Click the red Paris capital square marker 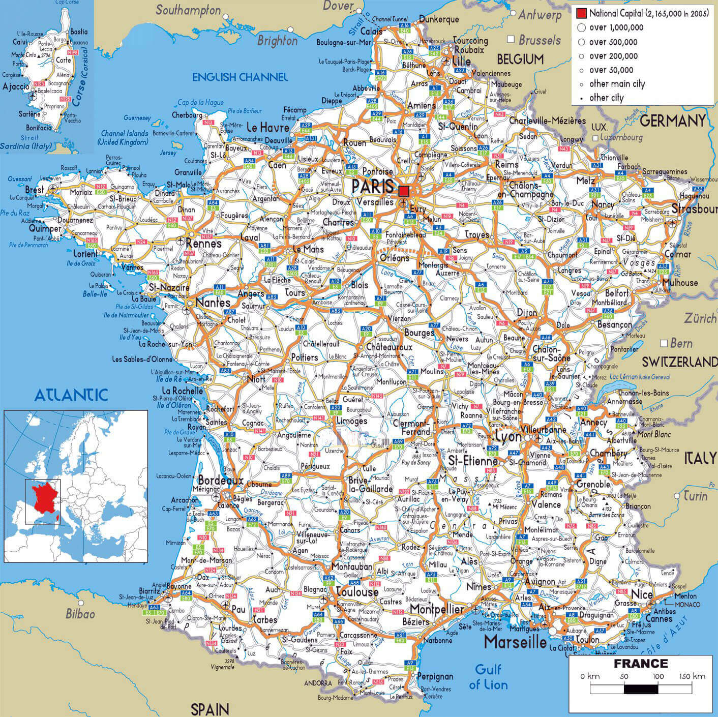click(404, 191)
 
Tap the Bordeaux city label click(220, 480)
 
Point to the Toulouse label click(357, 592)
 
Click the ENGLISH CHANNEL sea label click(240, 77)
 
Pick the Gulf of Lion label click(488, 677)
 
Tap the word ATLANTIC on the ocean click(71, 395)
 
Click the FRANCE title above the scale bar click(640, 664)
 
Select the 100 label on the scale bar click(658, 676)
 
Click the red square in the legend click(581, 13)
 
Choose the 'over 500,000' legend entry click(613, 42)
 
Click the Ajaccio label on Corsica click(16, 86)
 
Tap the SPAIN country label click(210, 708)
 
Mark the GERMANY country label click(672, 121)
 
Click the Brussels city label click(540, 40)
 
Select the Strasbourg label click(694, 209)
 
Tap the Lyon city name click(508, 436)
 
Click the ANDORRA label click(318, 683)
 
